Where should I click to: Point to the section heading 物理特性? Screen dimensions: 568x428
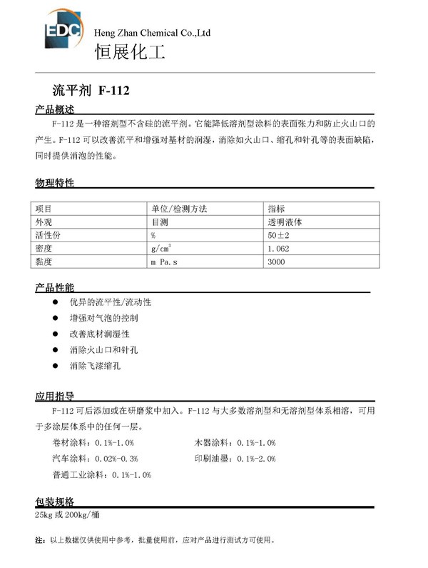(x=55, y=183)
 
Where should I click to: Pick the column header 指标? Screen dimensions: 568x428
(x=276, y=209)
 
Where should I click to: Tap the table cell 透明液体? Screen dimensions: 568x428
(x=284, y=221)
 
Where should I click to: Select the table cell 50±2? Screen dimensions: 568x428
(x=278, y=235)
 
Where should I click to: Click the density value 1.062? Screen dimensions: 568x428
(x=278, y=249)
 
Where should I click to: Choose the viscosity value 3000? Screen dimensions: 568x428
(x=275, y=262)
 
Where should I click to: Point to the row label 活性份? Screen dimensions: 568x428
(x=49, y=235)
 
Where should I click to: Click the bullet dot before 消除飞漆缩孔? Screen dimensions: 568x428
(x=54, y=366)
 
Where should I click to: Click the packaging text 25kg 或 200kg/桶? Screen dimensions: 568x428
(x=69, y=514)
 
